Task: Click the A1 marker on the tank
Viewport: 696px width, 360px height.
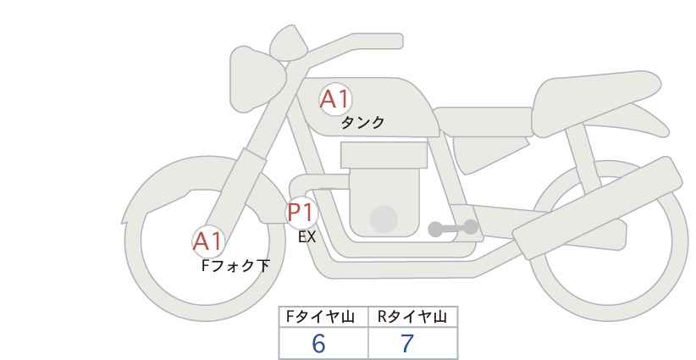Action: (x=335, y=99)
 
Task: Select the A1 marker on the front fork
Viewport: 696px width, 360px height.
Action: (x=208, y=242)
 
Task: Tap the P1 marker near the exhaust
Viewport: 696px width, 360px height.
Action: (x=301, y=212)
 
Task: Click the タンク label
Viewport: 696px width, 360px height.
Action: (x=362, y=123)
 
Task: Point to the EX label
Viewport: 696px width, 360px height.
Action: (x=307, y=237)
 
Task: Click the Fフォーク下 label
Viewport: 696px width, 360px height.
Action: (x=235, y=266)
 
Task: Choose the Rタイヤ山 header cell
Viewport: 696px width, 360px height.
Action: (x=413, y=317)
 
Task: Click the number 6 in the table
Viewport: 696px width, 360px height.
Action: (x=318, y=343)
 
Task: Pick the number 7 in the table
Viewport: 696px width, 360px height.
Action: (x=407, y=343)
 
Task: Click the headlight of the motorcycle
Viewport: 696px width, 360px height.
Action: (x=257, y=79)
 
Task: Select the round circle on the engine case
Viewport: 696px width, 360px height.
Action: (x=384, y=219)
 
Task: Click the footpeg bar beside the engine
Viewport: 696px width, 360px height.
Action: (x=453, y=228)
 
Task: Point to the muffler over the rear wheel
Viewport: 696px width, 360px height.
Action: (x=598, y=208)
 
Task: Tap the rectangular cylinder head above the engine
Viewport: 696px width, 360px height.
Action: (x=384, y=155)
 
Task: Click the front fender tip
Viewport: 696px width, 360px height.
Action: (x=124, y=219)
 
